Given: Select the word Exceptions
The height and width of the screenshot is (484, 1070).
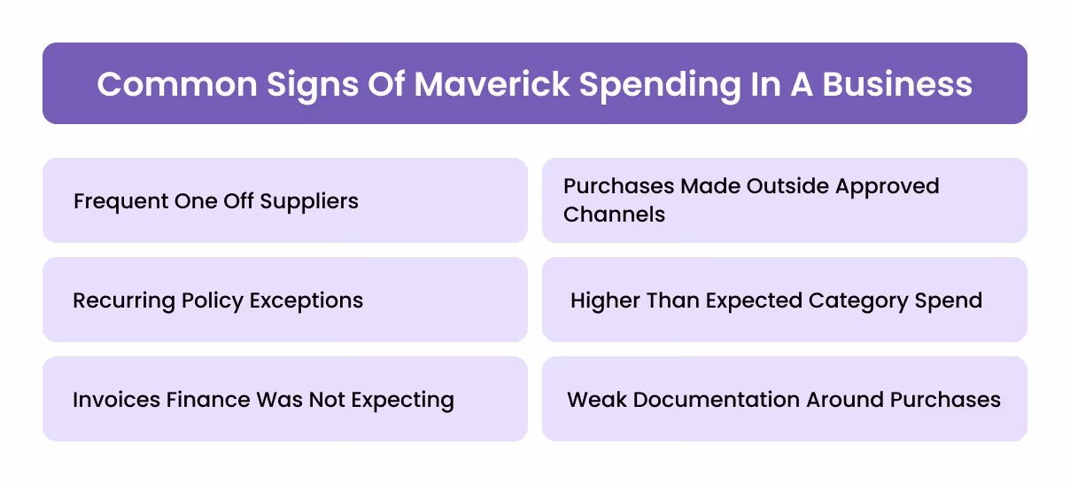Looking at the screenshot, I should coord(307,301).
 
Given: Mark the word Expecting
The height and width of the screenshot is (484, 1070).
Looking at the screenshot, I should coord(403,400).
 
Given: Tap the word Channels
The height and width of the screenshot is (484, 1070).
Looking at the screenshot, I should coord(614,215).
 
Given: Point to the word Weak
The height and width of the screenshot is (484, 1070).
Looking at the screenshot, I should coord(594,400).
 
